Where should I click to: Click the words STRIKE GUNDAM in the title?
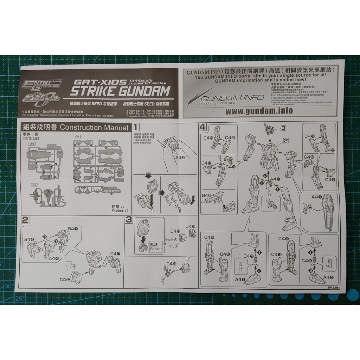120,91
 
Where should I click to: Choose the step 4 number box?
202,127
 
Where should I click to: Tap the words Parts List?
30,138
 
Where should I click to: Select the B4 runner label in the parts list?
34,184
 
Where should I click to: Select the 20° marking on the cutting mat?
19,298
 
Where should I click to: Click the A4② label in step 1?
180,158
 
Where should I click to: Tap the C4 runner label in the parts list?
77,137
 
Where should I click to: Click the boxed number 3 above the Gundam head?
283,129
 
